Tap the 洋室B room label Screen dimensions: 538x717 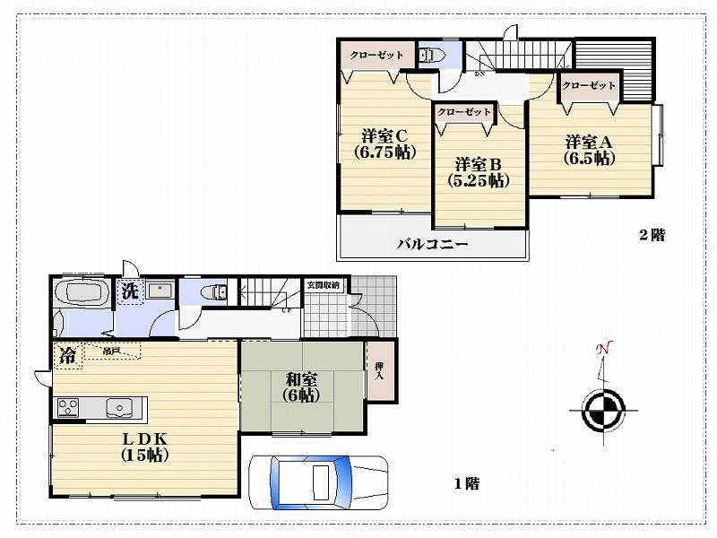478,171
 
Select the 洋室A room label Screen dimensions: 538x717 588,150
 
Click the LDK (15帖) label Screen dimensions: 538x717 145,446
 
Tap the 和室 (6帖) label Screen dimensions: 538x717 302,386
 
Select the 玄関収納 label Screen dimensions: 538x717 323,285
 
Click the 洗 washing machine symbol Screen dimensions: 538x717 130,291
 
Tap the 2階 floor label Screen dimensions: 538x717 652,236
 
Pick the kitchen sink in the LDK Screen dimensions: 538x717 117,407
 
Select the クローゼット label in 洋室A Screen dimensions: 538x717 590,86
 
